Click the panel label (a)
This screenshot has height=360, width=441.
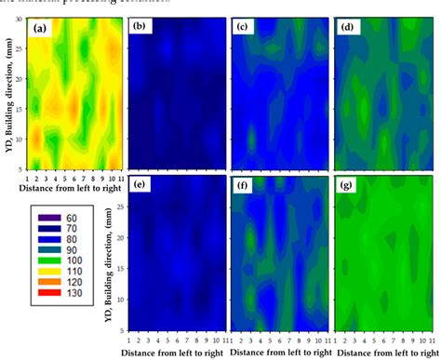point(39,29)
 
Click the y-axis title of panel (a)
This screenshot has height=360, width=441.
point(7,93)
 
